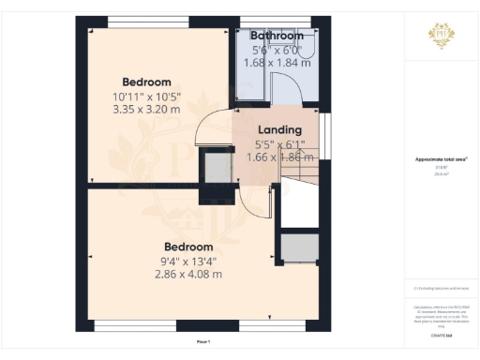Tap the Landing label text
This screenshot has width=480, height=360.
click(x=279, y=129)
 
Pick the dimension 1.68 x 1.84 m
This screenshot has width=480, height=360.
click(x=277, y=62)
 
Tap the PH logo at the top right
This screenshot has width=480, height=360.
click(x=442, y=35)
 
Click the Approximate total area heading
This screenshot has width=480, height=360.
click(x=442, y=158)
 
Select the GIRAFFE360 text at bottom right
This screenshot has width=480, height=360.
click(x=442, y=322)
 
